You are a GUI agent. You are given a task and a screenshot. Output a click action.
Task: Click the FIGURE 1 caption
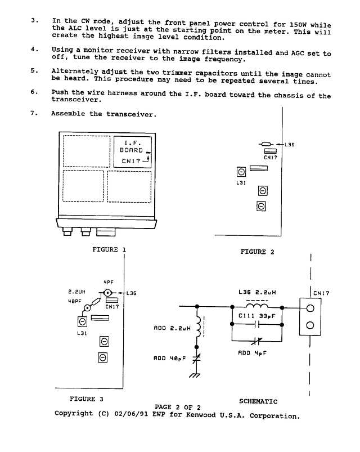pyautogui.click(x=109, y=249)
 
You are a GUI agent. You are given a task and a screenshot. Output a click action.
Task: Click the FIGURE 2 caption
pyautogui.click(x=258, y=252)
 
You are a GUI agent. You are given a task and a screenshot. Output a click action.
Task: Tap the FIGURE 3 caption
pyautogui.click(x=87, y=399)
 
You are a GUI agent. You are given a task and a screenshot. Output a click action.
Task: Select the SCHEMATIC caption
pyautogui.click(x=258, y=401)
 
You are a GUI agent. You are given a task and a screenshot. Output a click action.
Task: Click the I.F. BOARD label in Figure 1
pyautogui.click(x=132, y=146)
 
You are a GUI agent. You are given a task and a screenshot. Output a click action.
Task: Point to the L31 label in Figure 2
pyautogui.click(x=241, y=183)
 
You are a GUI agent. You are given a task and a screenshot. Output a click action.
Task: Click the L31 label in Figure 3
pyautogui.click(x=82, y=333)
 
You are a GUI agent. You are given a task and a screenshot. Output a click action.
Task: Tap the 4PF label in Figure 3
pyautogui.click(x=109, y=283)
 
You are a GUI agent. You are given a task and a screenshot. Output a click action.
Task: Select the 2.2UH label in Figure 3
pyautogui.click(x=77, y=292)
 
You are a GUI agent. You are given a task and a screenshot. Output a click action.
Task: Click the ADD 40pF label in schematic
pyautogui.click(x=170, y=359)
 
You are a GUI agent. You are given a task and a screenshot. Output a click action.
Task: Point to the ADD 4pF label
pyautogui.click(x=253, y=353)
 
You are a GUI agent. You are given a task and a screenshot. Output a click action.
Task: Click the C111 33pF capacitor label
pyautogui.click(x=257, y=316)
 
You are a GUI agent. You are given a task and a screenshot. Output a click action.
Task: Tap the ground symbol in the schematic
pyautogui.click(x=195, y=375)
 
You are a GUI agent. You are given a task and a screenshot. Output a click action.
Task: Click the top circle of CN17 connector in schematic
pyautogui.click(x=310, y=308)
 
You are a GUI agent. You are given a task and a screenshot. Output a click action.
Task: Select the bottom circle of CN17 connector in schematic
pyautogui.click(x=310, y=325)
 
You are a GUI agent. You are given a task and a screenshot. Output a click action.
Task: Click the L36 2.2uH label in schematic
pyautogui.click(x=257, y=292)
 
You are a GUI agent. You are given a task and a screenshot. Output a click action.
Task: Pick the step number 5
pyautogui.click(x=34, y=70)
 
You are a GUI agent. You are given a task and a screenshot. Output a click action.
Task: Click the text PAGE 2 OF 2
pyautogui.click(x=178, y=408)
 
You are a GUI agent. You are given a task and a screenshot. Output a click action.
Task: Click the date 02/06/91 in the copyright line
pyautogui.click(x=131, y=414)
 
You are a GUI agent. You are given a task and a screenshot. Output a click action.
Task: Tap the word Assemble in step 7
pyautogui.click(x=68, y=114)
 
